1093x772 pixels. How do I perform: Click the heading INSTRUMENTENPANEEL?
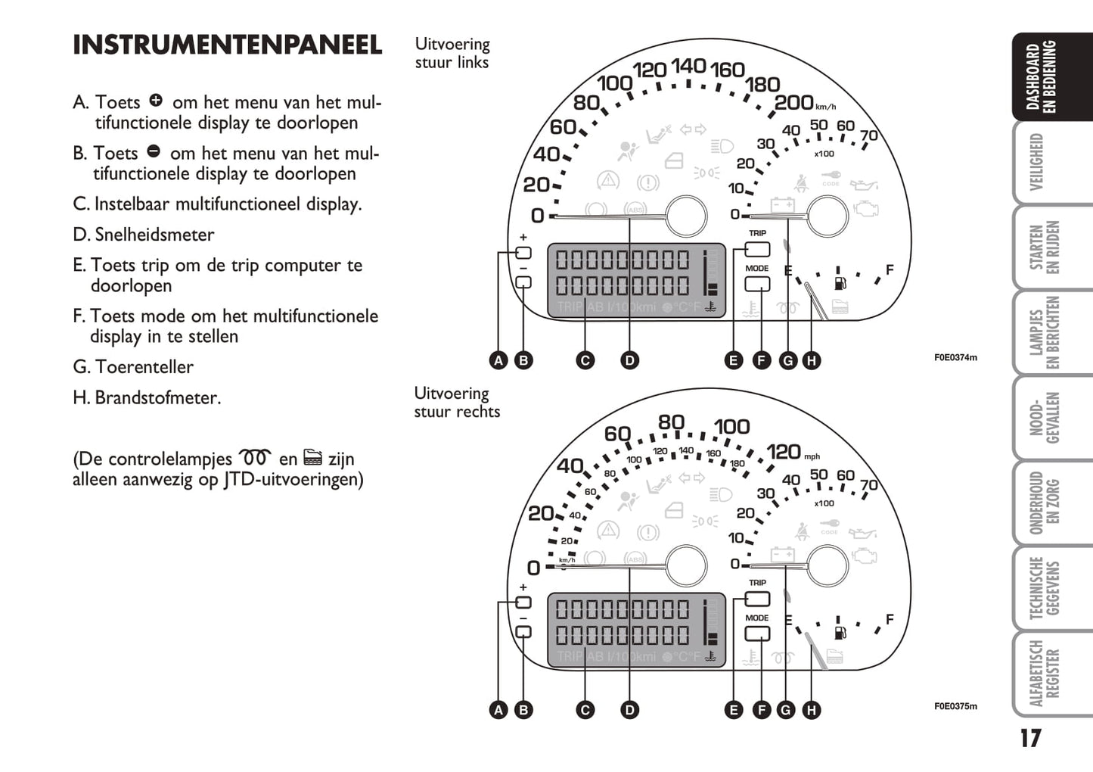[x=227, y=45]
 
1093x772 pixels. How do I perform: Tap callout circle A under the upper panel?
[x=498, y=360]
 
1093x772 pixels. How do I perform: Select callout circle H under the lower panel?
[x=811, y=710]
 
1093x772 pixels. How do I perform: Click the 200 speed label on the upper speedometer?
[x=794, y=102]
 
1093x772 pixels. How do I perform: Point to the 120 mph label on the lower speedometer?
[x=784, y=452]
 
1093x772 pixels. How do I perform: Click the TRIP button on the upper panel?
[x=757, y=249]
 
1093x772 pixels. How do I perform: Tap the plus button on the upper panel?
[x=523, y=253]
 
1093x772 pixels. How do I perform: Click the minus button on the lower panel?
[x=523, y=632]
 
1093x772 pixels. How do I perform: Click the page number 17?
[x=1030, y=738]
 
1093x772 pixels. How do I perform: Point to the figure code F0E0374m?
[x=955, y=357]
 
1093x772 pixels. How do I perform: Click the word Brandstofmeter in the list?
[x=157, y=397]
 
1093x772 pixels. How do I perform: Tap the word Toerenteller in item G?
[x=144, y=367]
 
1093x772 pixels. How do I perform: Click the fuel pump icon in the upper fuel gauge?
[x=839, y=284]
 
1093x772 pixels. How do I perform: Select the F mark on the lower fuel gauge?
[x=890, y=619]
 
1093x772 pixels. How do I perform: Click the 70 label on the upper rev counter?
[x=869, y=135]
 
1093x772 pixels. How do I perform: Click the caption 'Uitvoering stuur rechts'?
[x=457, y=403]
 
